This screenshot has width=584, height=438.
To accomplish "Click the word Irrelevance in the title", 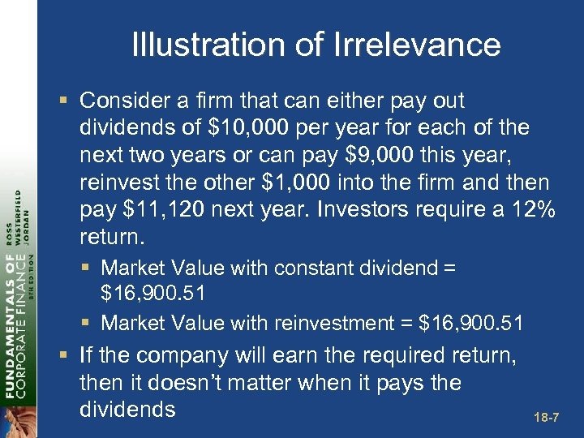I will point(416,45).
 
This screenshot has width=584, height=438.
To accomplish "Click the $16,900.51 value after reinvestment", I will point(470,324).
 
